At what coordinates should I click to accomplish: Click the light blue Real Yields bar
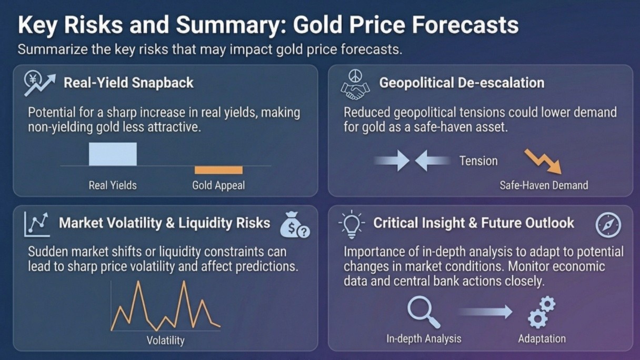click(x=113, y=154)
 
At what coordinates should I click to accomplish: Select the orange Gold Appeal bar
click(x=218, y=170)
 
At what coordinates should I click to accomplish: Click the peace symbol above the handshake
click(x=355, y=76)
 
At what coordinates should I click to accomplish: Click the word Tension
click(x=478, y=161)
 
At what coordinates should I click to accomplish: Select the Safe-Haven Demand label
click(x=544, y=185)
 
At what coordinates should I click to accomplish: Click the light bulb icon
click(x=352, y=224)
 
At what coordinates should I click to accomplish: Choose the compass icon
click(x=608, y=225)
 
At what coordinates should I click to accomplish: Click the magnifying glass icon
click(x=424, y=312)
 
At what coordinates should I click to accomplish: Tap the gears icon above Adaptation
click(x=542, y=312)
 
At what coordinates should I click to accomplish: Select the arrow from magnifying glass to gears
click(x=485, y=312)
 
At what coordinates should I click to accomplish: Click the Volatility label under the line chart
click(x=166, y=341)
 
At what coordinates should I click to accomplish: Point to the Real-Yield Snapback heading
click(x=128, y=83)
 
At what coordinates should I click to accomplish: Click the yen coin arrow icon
click(x=39, y=83)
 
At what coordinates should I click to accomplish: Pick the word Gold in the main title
click(x=318, y=25)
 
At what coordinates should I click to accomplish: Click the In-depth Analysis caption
click(x=424, y=339)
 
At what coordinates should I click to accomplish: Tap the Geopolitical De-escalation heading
click(x=462, y=83)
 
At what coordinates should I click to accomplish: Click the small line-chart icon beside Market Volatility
click(x=37, y=225)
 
